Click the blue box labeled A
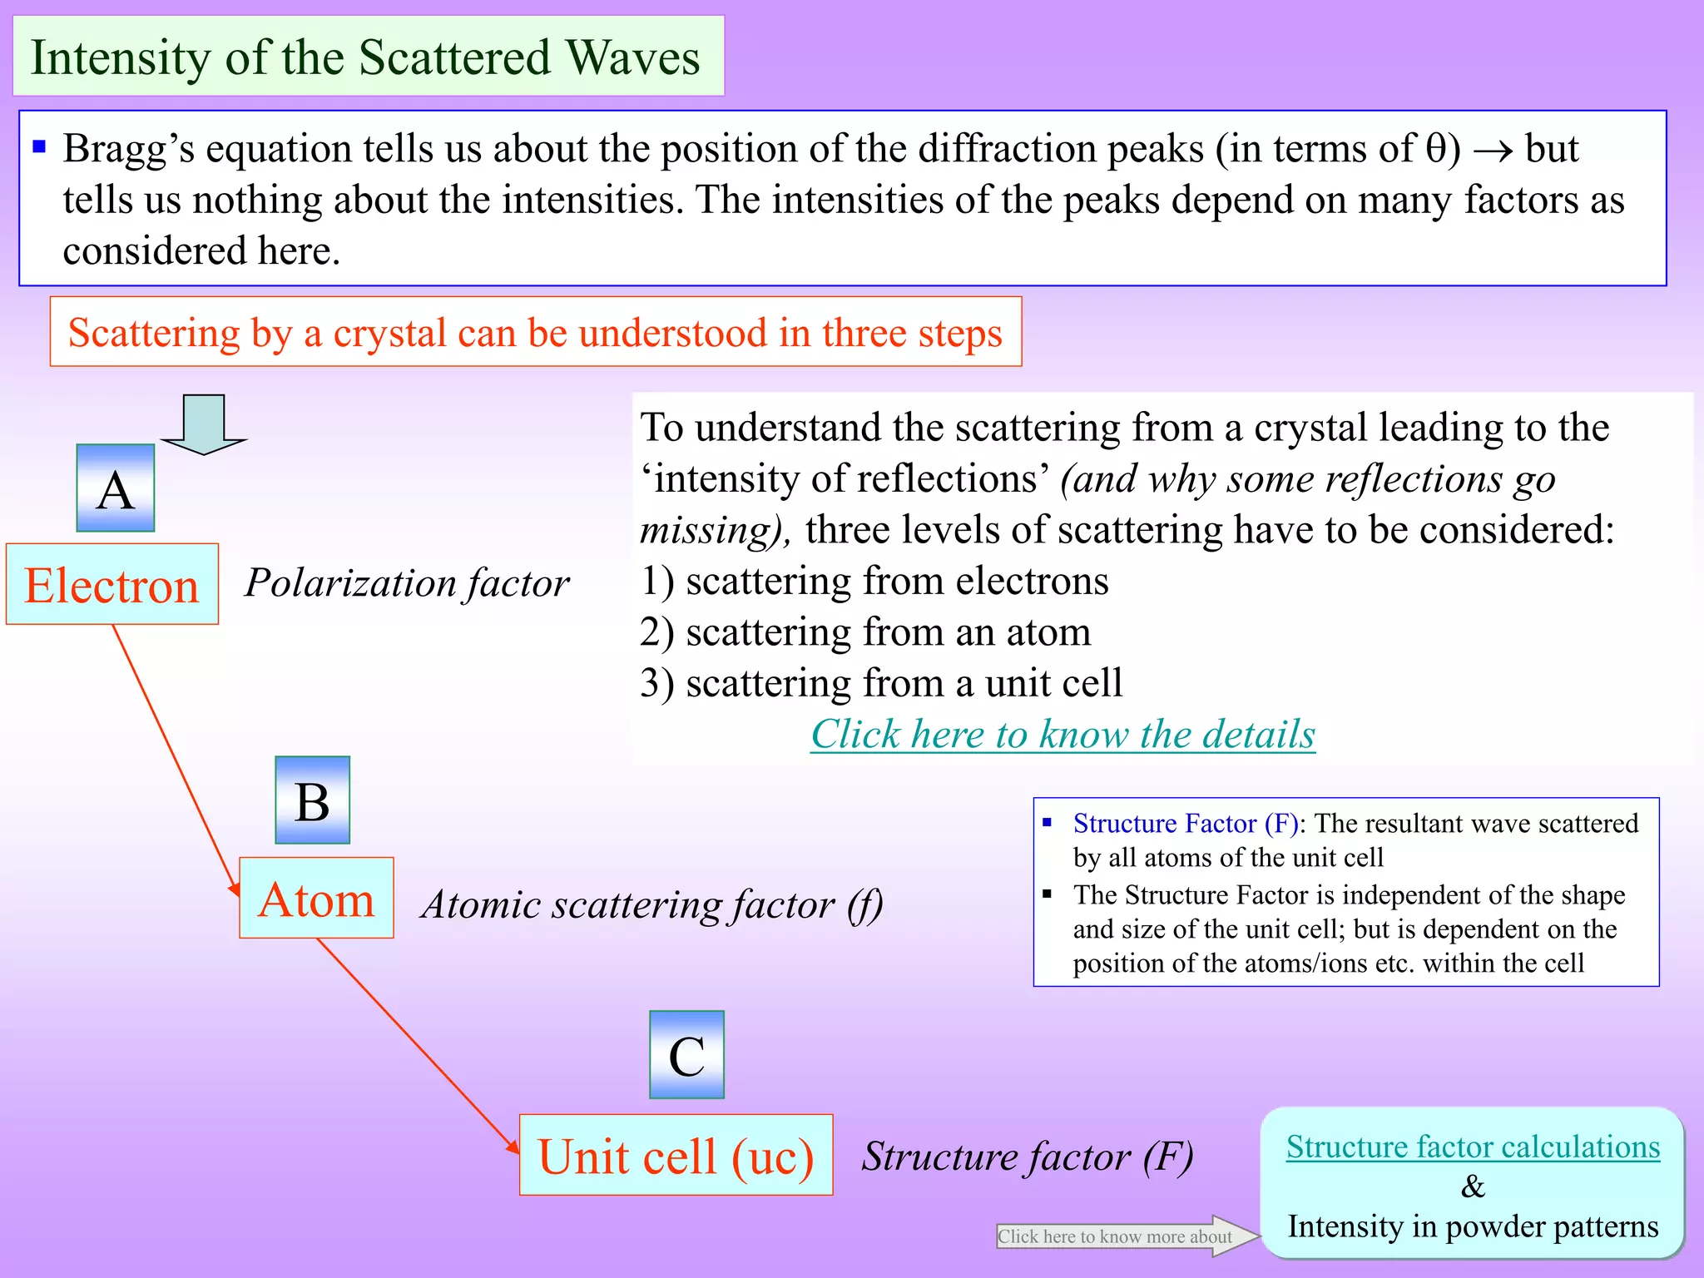tap(116, 488)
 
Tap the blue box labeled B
tap(312, 800)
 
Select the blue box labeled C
tap(686, 1055)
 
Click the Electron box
tap(112, 584)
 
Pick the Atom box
tap(316, 899)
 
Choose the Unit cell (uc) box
tap(676, 1155)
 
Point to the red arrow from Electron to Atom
tap(175, 757)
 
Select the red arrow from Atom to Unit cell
tap(416, 1044)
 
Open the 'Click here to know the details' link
tap(1063, 734)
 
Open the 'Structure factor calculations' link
tap(1473, 1147)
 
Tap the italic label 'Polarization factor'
tap(407, 582)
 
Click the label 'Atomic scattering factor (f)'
tap(651, 904)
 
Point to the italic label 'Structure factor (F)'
tap(1027, 1157)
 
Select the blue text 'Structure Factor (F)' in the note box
tap(1185, 823)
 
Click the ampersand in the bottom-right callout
tap(1473, 1186)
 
